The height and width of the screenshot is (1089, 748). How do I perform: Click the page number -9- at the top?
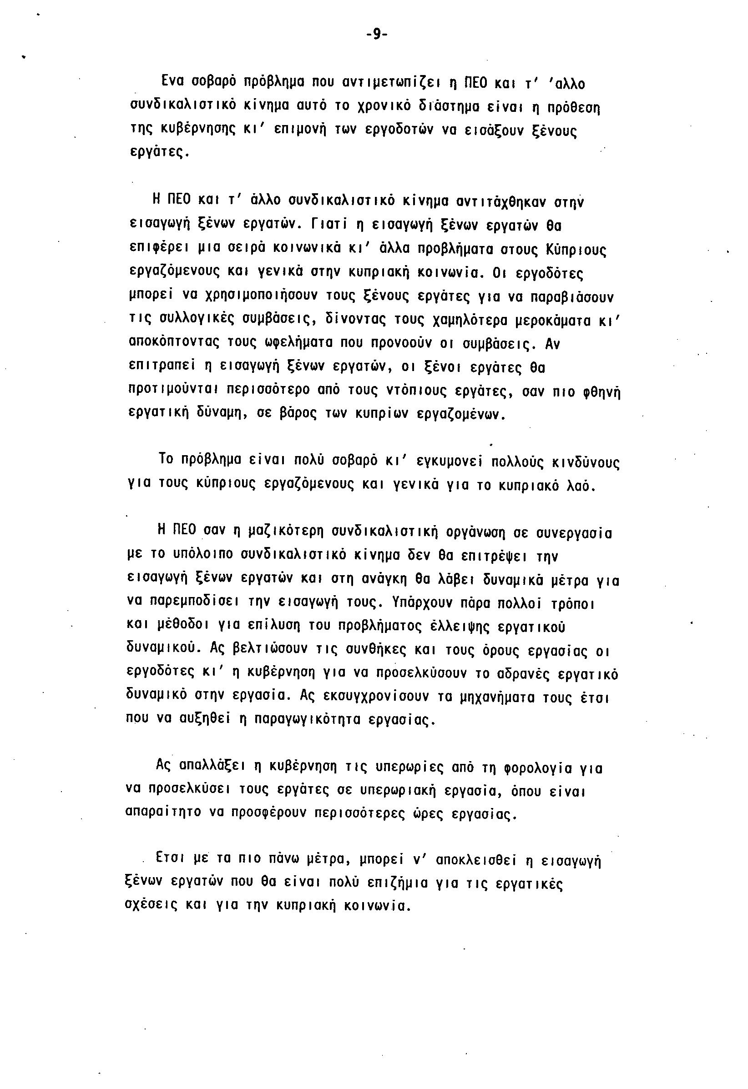pyautogui.click(x=376, y=35)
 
